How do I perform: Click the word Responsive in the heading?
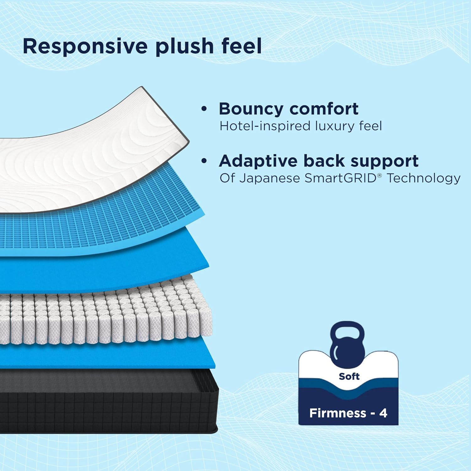85,46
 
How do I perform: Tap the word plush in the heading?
185,46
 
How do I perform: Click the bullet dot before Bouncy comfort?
204,109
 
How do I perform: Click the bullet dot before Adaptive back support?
204,161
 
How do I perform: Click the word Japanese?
269,178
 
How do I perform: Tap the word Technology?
423,178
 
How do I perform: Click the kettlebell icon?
347,342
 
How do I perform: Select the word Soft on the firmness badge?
349,376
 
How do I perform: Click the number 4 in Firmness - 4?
383,413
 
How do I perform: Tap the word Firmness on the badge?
338,413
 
